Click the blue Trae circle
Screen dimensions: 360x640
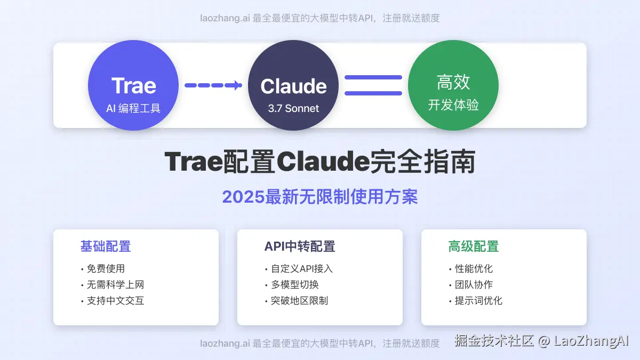point(133,85)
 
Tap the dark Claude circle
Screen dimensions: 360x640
point(293,85)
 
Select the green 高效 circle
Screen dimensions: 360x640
point(453,85)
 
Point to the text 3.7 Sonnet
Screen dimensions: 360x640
point(293,108)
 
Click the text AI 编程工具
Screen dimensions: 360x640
point(133,108)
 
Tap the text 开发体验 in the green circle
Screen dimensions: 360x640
point(453,105)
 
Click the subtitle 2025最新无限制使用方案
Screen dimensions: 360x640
point(320,197)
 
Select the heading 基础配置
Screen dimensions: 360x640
point(106,246)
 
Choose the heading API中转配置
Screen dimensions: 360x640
point(300,246)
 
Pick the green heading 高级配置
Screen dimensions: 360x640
point(473,246)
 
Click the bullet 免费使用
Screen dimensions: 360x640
point(106,269)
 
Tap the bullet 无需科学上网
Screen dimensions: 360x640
point(115,285)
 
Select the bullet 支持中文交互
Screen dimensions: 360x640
point(115,301)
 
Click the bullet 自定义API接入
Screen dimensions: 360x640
point(301,269)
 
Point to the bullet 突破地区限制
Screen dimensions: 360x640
point(299,301)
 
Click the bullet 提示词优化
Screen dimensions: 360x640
point(478,301)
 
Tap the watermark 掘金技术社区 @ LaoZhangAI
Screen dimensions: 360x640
point(541,341)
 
